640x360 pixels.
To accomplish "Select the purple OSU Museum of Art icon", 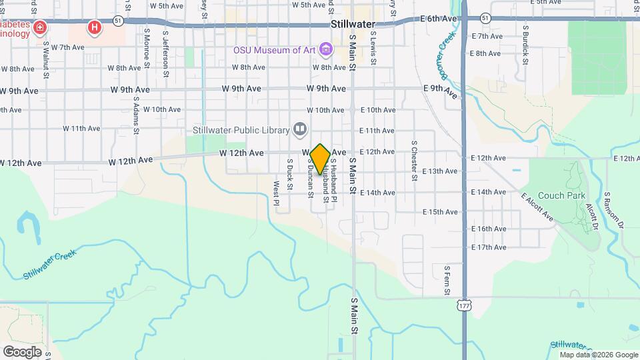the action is coord(325,49).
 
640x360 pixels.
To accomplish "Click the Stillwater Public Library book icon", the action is coord(300,129).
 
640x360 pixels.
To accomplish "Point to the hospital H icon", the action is coord(95,28).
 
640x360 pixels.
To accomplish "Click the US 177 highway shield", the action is coord(463,305).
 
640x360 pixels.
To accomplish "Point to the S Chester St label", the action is coord(414,160).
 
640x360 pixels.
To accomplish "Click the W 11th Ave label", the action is coord(81,128).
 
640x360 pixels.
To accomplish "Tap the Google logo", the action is coord(23,351).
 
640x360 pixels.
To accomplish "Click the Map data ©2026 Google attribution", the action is coord(598,355).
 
